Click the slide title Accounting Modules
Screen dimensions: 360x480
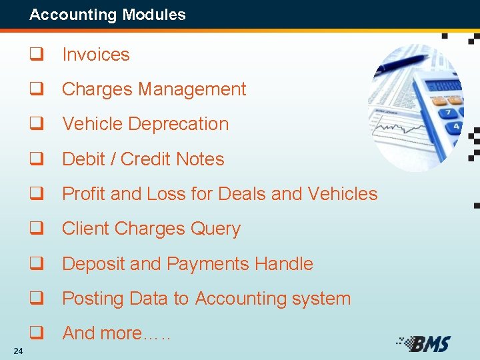pyautogui.click(x=107, y=15)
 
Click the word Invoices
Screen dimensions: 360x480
pyautogui.click(x=96, y=55)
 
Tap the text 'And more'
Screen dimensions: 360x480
pyautogui.click(x=102, y=333)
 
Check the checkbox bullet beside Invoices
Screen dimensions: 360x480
pyautogui.click(x=35, y=55)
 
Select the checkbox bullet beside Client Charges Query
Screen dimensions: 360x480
pyautogui.click(x=35, y=229)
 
